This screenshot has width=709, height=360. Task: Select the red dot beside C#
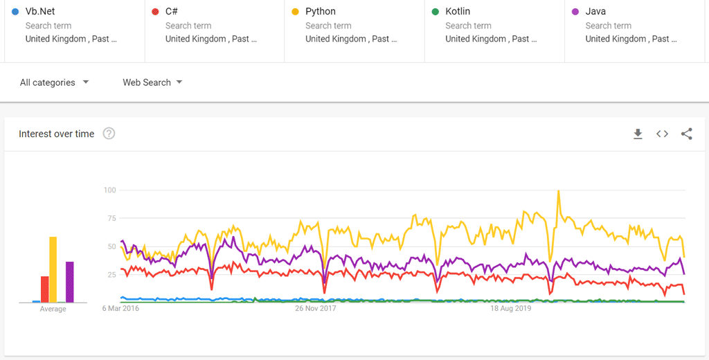click(x=155, y=12)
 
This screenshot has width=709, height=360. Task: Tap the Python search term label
click(x=321, y=12)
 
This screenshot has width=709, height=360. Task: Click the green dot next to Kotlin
click(x=435, y=12)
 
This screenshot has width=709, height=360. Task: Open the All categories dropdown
click(x=55, y=82)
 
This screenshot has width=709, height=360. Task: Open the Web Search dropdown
click(x=152, y=82)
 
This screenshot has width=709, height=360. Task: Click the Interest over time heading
click(x=56, y=134)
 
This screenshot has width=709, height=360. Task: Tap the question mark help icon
click(x=109, y=134)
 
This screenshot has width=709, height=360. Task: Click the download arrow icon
click(x=638, y=134)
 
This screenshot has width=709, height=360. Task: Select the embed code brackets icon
click(x=662, y=134)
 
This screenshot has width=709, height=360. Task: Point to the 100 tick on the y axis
click(x=109, y=190)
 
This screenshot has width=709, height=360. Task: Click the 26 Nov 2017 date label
click(x=315, y=309)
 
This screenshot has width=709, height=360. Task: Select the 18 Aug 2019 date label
click(x=511, y=309)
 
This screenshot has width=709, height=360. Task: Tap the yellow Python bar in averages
click(x=53, y=270)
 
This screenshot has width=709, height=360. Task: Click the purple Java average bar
click(x=69, y=282)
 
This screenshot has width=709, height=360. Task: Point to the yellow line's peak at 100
click(x=558, y=191)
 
